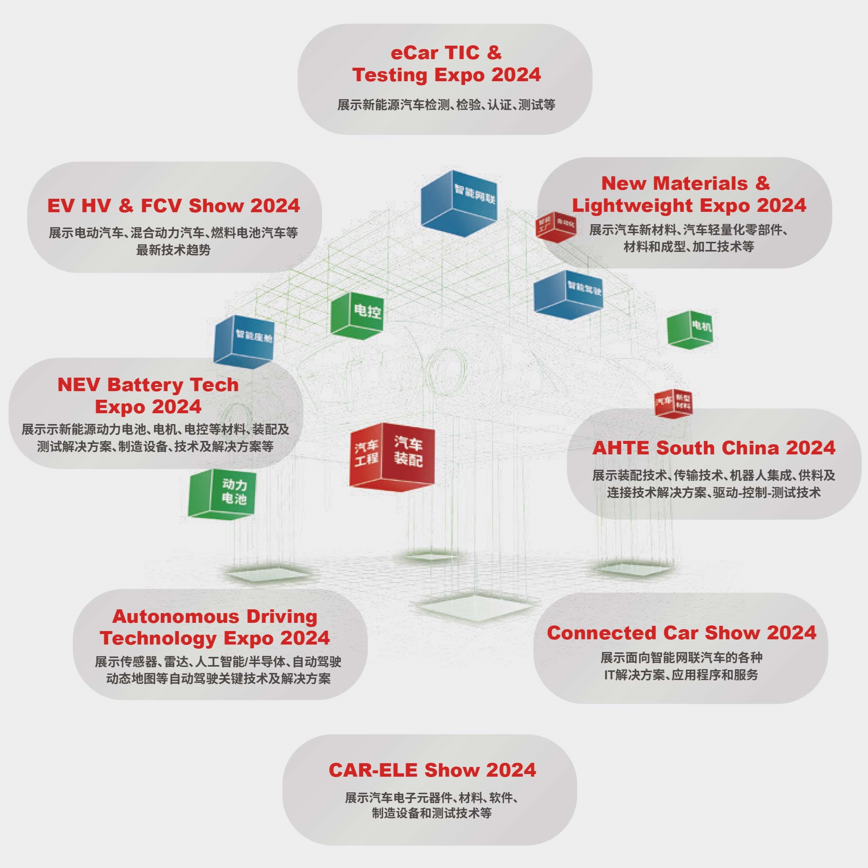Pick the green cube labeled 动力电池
pyautogui.click(x=222, y=494)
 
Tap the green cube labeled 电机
pyautogui.click(x=689, y=329)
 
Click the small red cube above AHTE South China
pyautogui.click(x=673, y=403)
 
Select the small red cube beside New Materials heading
pyautogui.click(x=555, y=226)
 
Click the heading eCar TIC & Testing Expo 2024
pyautogui.click(x=446, y=64)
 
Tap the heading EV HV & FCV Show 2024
pyautogui.click(x=173, y=206)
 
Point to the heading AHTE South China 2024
pyautogui.click(x=713, y=448)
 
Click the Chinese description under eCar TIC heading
pyautogui.click(x=446, y=105)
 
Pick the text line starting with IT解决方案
pyautogui.click(x=680, y=675)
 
